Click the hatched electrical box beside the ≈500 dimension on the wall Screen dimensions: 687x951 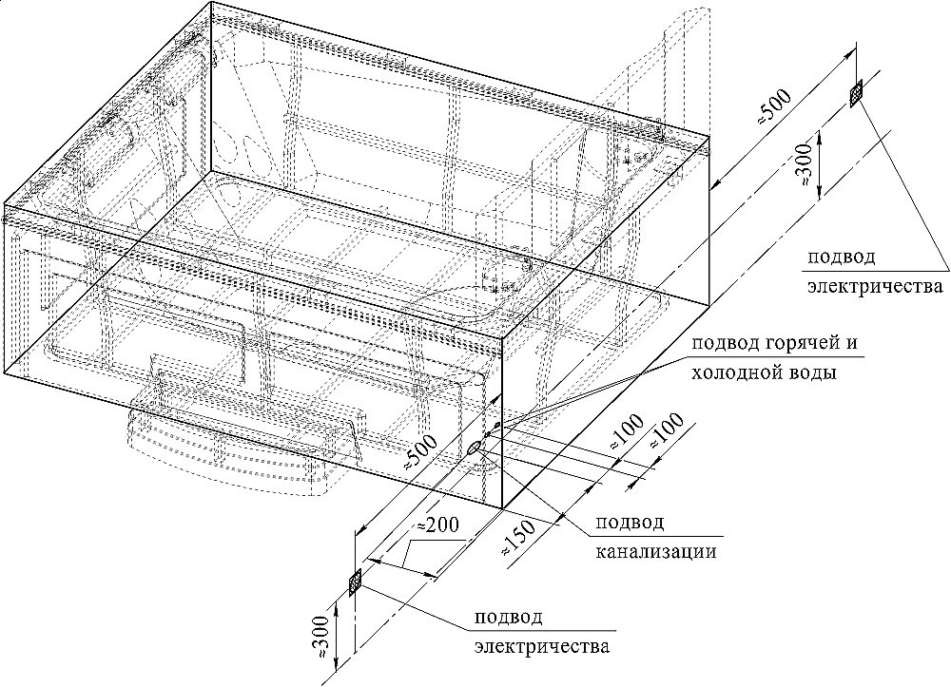click(x=856, y=92)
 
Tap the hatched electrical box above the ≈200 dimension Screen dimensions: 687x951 click(x=356, y=582)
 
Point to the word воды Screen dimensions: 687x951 click(x=813, y=373)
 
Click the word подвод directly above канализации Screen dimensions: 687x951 click(x=629, y=523)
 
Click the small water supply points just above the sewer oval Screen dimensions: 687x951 click(x=492, y=430)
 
